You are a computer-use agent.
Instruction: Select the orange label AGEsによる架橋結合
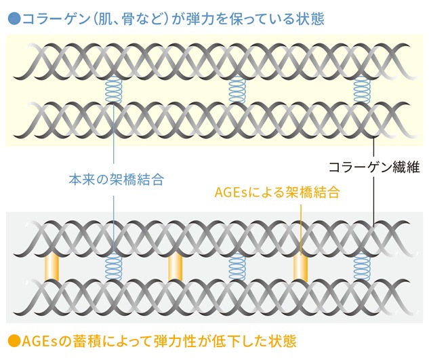pyautogui.click(x=277, y=192)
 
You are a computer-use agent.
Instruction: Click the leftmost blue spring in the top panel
pyautogui.click(x=113, y=87)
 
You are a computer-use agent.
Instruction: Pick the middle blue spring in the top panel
pyautogui.click(x=237, y=87)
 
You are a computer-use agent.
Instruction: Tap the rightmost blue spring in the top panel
pyautogui.click(x=362, y=87)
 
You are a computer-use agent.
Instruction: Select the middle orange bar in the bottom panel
pyautogui.click(x=175, y=268)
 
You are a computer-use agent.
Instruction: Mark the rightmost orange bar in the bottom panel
pyautogui.click(x=300, y=268)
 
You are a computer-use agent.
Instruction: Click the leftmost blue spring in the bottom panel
pyautogui.click(x=113, y=268)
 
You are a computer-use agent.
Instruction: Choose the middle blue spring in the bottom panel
pyautogui.click(x=237, y=268)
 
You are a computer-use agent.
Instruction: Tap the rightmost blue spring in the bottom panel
pyautogui.click(x=362, y=268)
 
